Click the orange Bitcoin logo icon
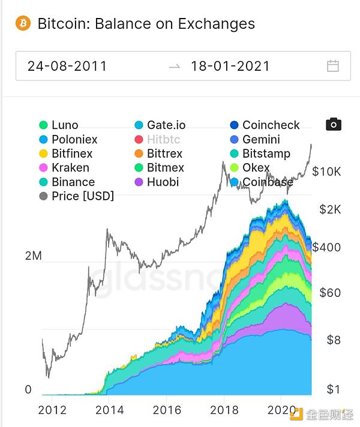coord(23,24)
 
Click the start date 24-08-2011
coord(67,66)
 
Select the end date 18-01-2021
coord(230,66)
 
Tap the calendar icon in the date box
coord(333,66)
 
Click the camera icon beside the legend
coord(334,124)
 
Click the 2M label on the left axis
coord(33,256)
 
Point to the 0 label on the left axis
coord(28,390)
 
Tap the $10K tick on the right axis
coord(326,172)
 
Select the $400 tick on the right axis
coord(326,247)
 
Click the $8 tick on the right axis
coord(334,339)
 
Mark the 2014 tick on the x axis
coord(110,410)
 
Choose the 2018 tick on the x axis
coord(224,410)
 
